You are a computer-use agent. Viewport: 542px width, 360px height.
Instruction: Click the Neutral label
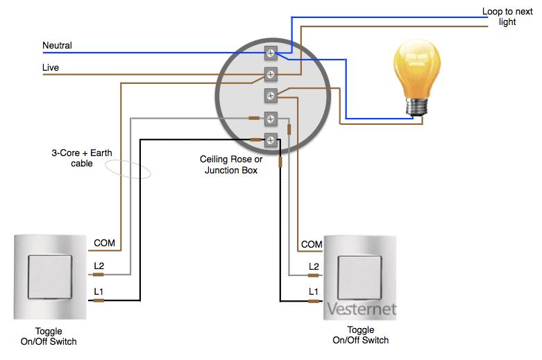click(57, 45)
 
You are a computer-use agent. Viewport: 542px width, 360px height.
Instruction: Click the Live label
click(51, 67)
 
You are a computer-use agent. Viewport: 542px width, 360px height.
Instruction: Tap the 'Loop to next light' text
click(507, 17)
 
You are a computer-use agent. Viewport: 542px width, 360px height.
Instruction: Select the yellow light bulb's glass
click(417, 69)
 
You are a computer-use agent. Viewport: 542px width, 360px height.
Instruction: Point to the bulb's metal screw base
click(417, 107)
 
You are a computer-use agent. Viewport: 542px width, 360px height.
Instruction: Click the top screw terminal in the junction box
click(271, 53)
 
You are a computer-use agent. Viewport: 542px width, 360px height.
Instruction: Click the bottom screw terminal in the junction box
click(271, 140)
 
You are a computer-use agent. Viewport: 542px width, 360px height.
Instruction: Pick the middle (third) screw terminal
click(271, 96)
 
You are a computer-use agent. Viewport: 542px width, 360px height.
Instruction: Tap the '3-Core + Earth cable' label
click(82, 158)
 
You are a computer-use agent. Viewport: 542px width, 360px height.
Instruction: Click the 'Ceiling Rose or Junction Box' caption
click(231, 164)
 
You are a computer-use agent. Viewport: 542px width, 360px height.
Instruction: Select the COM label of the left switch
click(104, 243)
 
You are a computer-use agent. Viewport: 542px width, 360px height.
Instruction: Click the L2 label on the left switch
click(99, 266)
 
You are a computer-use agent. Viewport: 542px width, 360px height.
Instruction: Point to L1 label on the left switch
click(99, 291)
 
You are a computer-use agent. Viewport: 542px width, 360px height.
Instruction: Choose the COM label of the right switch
click(312, 244)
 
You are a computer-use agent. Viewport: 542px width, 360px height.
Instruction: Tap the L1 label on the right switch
click(313, 291)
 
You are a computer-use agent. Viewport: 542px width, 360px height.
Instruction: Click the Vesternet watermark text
click(362, 309)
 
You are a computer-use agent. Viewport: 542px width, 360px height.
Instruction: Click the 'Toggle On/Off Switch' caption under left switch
click(49, 336)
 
